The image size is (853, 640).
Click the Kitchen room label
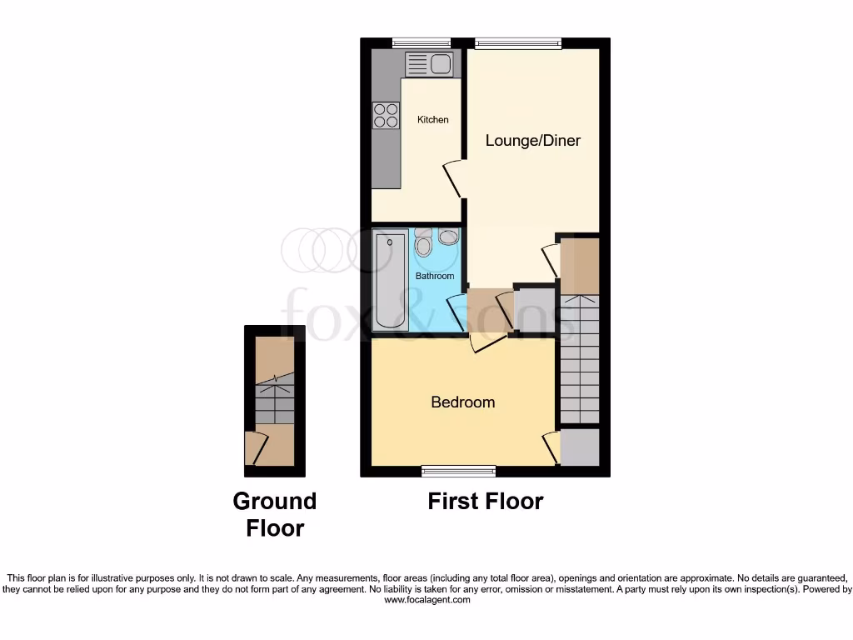point(432,120)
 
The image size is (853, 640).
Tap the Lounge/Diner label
point(533,140)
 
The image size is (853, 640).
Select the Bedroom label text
point(462,402)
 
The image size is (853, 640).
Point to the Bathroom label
point(435,276)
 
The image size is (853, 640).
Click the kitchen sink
point(428,63)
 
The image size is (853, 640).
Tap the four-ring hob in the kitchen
point(386,115)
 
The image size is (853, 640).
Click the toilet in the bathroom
point(423,245)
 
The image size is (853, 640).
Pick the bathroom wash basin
point(448,237)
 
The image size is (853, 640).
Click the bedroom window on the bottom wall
point(458,471)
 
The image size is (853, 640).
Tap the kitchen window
point(422,42)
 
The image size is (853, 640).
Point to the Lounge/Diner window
point(517,42)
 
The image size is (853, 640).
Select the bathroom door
point(456,314)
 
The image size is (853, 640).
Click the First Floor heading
point(485,501)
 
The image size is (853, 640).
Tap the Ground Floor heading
point(274,514)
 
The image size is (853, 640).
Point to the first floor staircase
point(579,358)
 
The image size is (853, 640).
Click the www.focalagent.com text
point(427,599)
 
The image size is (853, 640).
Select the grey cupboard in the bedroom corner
point(580,447)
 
